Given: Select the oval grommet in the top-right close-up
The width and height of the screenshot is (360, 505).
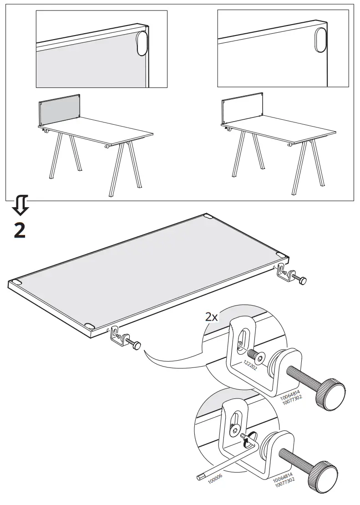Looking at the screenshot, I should pyautogui.click(x=321, y=41).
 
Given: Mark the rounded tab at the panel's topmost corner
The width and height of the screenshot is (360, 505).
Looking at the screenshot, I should pyautogui.click(x=208, y=216).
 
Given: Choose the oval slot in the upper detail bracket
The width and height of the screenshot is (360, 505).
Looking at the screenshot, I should pyautogui.click(x=243, y=342).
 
